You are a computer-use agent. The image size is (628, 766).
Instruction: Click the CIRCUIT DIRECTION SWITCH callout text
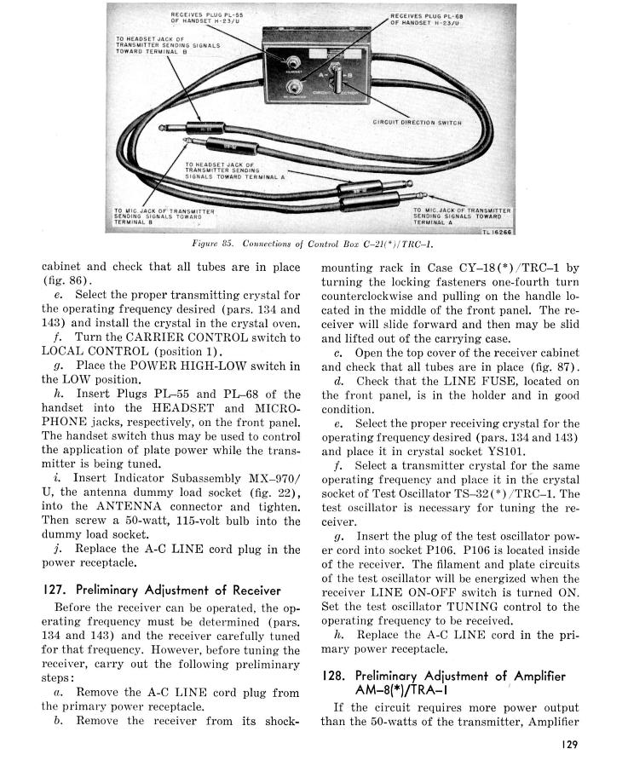[417, 122]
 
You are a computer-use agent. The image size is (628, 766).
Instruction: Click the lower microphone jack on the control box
[296, 86]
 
